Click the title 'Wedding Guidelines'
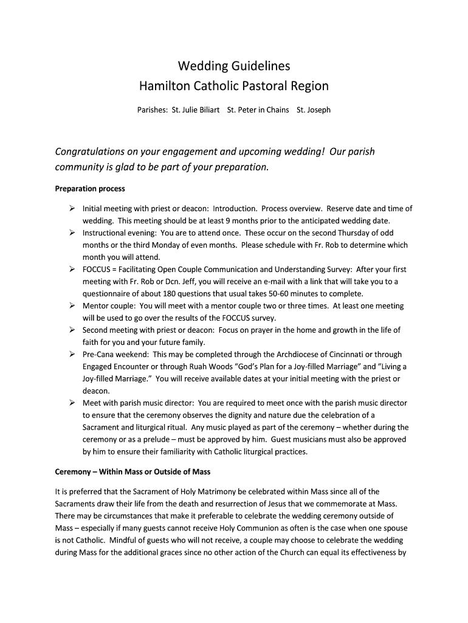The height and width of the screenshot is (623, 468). point(234,65)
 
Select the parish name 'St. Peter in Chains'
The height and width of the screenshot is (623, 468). point(258,110)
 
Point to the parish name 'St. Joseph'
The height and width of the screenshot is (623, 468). point(314,110)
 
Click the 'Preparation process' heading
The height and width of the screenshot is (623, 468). point(90,189)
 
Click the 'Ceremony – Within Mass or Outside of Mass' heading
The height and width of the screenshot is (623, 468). point(132,472)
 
